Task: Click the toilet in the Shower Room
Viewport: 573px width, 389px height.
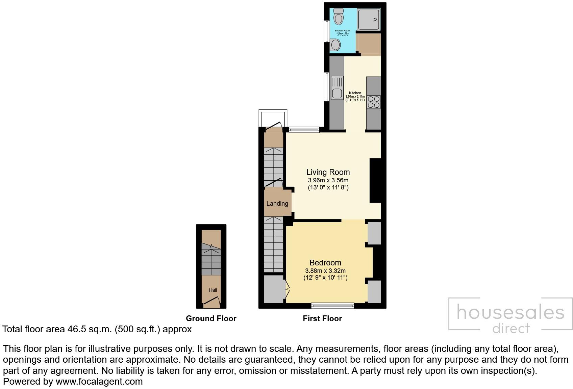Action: coord(338,16)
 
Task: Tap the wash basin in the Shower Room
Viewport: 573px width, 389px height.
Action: coord(335,45)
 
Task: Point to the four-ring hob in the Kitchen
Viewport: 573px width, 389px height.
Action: coord(373,102)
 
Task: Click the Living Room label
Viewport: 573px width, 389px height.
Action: coord(328,172)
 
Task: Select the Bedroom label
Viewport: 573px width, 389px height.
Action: coord(325,263)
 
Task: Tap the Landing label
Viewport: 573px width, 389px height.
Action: coord(277,204)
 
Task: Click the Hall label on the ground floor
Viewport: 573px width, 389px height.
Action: coord(213,290)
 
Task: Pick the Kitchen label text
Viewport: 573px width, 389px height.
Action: coord(355,93)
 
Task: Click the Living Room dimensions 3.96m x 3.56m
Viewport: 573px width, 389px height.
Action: coord(328,180)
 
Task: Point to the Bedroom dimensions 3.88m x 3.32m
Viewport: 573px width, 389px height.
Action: coord(325,271)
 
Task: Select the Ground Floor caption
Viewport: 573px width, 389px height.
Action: coord(211,318)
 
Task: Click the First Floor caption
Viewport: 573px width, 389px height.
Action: coord(322,318)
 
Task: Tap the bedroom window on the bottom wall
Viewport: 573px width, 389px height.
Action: coord(333,306)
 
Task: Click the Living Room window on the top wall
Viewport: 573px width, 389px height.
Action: coord(304,130)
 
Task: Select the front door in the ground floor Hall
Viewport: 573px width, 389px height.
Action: coord(211,301)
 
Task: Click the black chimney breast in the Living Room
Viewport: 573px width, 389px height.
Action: coord(375,181)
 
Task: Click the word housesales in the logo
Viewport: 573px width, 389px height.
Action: coord(510,313)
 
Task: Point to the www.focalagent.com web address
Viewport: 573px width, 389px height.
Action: coord(99,382)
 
